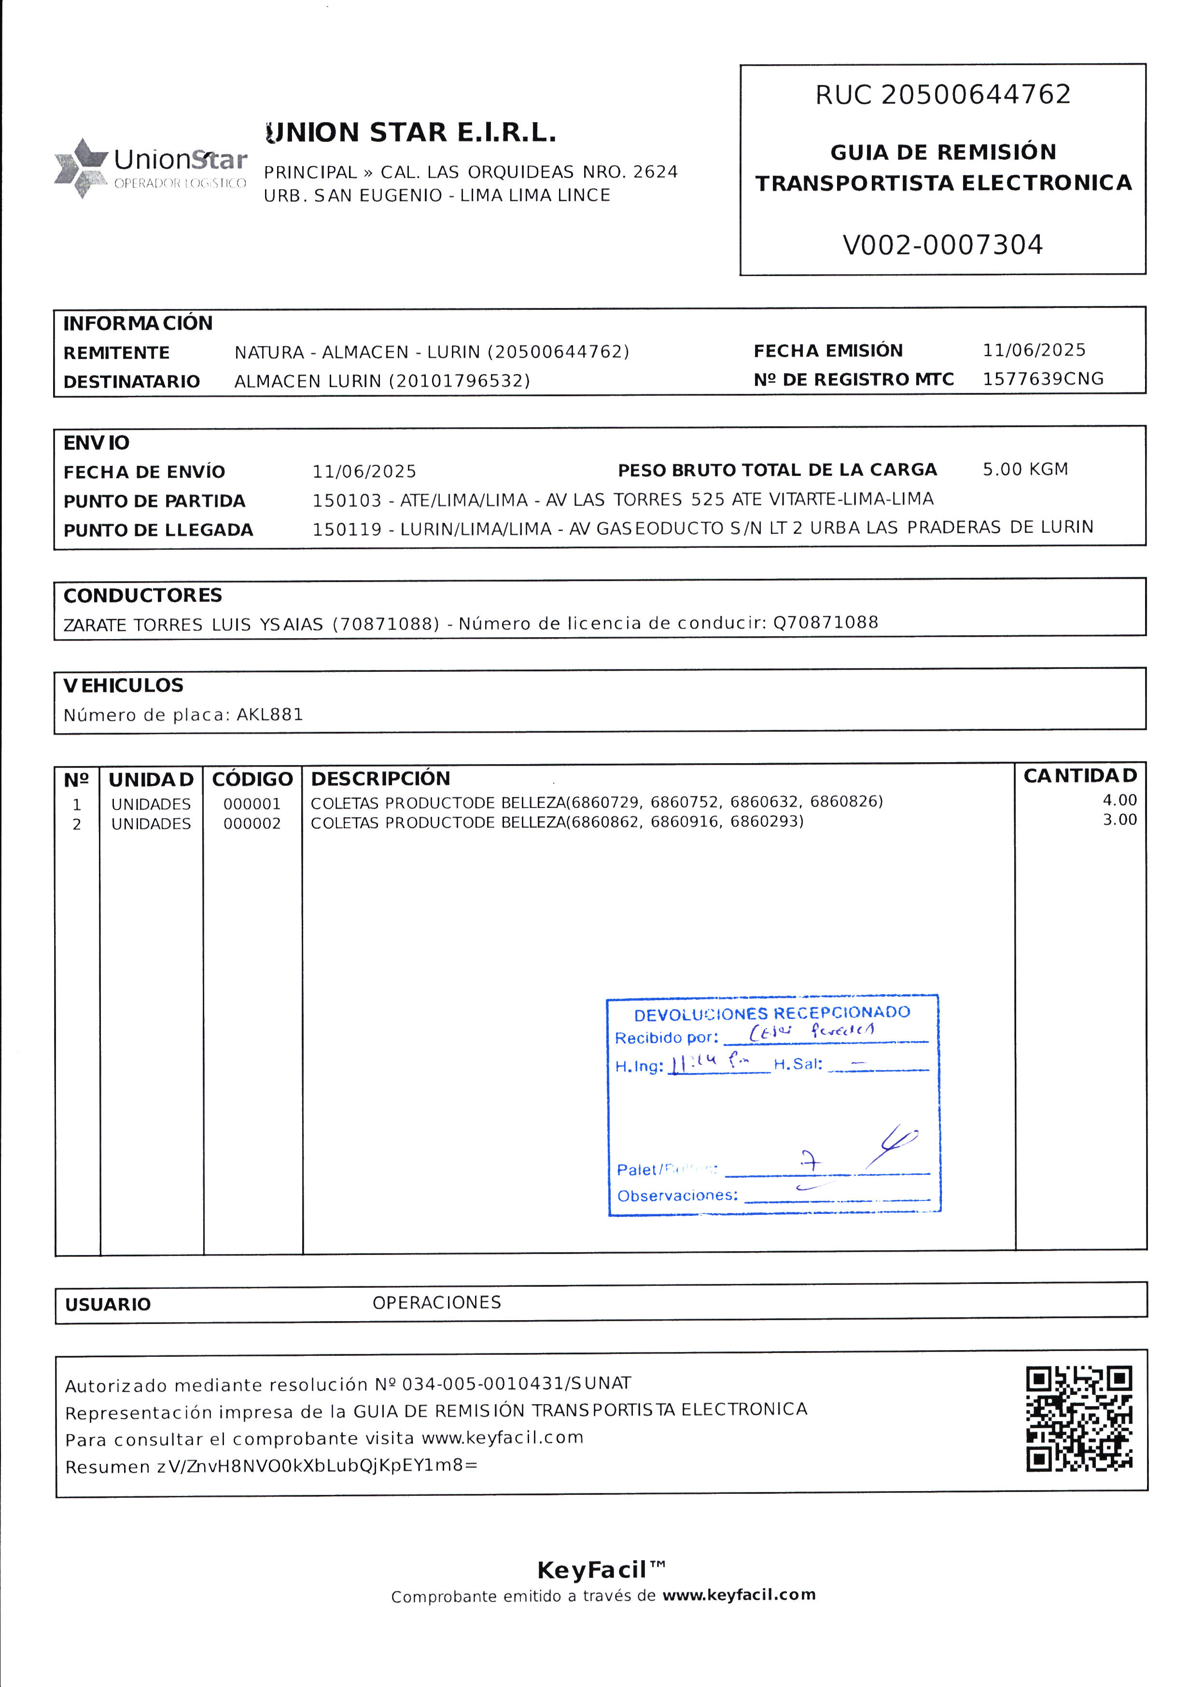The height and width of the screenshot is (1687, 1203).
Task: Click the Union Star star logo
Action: click(x=80, y=167)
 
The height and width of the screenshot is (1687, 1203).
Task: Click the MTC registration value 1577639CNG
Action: click(x=1042, y=379)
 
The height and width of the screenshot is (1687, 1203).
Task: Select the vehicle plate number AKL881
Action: click(x=270, y=715)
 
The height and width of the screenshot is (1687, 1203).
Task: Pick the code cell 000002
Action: click(x=252, y=823)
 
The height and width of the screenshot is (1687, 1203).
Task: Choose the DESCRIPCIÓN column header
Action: click(x=380, y=778)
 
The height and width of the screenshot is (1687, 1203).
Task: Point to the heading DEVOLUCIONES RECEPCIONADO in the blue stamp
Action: click(x=772, y=1013)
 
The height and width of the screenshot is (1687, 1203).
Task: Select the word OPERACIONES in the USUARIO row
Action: click(x=436, y=1303)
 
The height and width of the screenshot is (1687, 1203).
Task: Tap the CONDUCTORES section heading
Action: click(x=142, y=596)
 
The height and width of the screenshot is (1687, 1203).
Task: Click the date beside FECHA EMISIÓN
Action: click(x=1034, y=350)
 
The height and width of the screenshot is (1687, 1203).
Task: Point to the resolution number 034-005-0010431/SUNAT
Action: click(x=517, y=1383)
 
